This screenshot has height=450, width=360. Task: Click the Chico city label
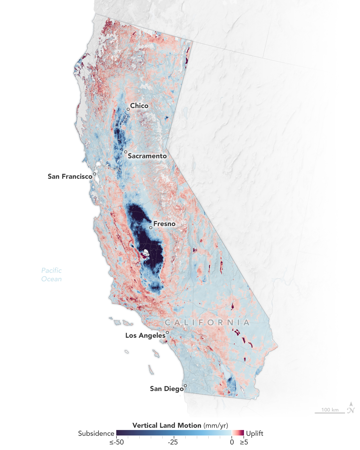point(139,106)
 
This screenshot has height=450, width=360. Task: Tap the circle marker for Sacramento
point(125,152)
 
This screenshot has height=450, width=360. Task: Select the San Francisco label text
point(70,176)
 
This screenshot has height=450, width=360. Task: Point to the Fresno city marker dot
point(151,227)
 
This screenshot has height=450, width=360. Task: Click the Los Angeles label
point(145,335)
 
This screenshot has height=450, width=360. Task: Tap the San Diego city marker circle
point(185,385)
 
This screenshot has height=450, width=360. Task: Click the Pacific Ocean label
point(51,275)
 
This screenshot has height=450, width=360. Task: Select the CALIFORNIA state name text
point(207,323)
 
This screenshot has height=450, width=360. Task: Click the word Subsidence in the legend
point(96,433)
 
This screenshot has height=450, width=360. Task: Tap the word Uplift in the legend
point(254,433)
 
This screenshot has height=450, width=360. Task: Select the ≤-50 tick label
point(116,442)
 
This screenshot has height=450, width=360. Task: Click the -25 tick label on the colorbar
point(173,442)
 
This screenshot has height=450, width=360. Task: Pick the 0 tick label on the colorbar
point(232,442)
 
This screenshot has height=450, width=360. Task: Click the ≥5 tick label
point(244,442)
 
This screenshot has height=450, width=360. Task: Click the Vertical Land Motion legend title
point(180,425)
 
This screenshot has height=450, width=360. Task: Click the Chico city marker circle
point(128,109)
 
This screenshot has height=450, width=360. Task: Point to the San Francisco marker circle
point(94,174)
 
